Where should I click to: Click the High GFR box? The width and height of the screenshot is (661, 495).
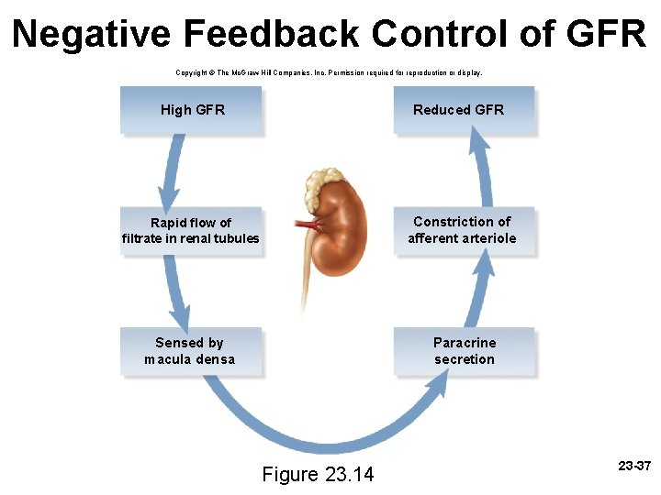point(191,110)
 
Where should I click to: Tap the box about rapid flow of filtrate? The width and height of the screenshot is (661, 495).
point(191,231)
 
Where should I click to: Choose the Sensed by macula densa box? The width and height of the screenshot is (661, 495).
point(190,351)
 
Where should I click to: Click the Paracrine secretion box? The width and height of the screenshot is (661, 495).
point(464,351)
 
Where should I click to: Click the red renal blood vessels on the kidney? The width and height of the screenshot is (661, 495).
point(310,224)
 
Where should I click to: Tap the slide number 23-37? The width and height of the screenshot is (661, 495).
point(633,467)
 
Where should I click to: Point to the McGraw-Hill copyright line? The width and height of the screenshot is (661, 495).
point(328,71)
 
